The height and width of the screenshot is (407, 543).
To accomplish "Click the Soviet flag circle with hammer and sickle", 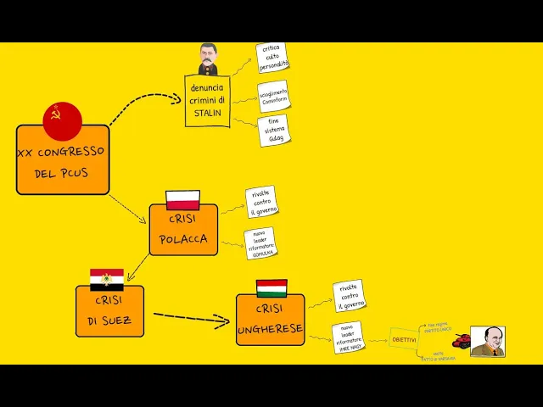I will point(62,121).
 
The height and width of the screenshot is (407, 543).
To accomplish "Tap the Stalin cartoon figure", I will point(208,59).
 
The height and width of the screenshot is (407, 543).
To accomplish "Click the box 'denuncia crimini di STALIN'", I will point(208,101).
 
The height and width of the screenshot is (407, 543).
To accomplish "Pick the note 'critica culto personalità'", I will point(273,58).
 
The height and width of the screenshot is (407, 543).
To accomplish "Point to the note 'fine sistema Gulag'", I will point(274,131).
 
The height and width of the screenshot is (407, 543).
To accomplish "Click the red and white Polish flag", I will point(182,201).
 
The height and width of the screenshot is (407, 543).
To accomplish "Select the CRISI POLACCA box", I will point(183,230).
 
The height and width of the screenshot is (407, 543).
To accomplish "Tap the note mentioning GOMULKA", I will point(260,243).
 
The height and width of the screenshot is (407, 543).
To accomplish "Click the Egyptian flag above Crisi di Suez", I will point(107,279).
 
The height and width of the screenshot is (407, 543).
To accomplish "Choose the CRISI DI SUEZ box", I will point(109,311).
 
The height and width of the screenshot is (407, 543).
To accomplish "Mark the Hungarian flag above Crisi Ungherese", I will point(271,288).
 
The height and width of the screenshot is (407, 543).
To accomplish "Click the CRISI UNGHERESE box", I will point(270,320).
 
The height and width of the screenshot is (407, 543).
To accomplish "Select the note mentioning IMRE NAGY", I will point(350,337).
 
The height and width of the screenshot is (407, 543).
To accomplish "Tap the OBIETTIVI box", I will point(404,339).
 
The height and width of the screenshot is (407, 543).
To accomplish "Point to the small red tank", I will point(462,342).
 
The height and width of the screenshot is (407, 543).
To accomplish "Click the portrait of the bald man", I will point(488,342).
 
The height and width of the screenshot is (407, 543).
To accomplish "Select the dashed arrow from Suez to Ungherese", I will point(191,319).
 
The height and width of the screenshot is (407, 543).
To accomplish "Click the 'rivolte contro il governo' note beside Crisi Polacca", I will point(262,203).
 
